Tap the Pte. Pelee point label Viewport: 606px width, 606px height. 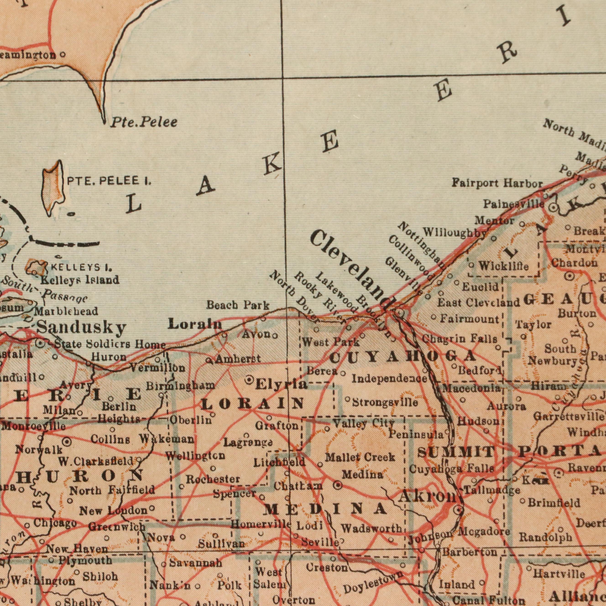tap(144, 122)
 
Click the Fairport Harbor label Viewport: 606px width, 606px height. tap(497, 183)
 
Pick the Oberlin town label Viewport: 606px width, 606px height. tap(191, 420)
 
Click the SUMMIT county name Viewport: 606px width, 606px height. tap(456, 452)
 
